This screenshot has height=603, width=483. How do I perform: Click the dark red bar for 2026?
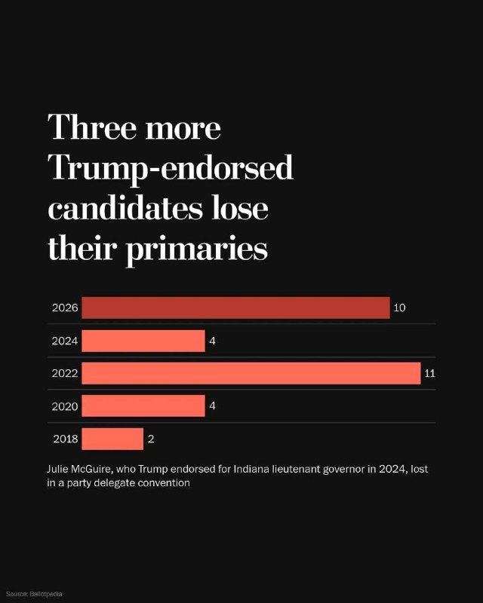235,308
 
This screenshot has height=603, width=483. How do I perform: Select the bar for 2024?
143,341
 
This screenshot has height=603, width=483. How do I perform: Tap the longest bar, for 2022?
251,373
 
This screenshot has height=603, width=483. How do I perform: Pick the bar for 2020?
143,406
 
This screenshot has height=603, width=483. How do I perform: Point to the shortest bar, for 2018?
112,439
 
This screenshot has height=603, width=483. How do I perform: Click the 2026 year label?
65,308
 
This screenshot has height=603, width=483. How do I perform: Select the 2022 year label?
65,373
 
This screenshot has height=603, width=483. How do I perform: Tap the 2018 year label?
66,439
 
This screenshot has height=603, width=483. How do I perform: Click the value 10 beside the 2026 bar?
399,308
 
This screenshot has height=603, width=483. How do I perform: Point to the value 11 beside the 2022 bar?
429,373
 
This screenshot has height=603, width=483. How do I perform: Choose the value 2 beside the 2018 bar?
151,439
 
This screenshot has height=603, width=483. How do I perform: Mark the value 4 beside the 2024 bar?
212,341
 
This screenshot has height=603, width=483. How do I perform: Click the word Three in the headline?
92,127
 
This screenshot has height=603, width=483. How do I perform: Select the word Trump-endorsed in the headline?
171,168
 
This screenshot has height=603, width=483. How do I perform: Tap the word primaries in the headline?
197,249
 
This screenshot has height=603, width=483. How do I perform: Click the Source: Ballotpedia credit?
34,594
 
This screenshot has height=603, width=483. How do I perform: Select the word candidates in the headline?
125,208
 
